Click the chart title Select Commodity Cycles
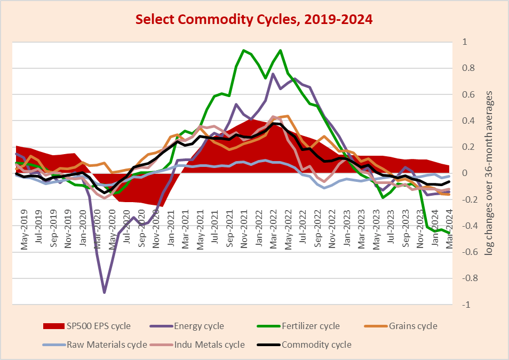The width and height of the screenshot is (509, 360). pos(254,20)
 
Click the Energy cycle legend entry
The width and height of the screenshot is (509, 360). pos(199,326)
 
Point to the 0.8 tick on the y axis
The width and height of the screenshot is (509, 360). pos(468,68)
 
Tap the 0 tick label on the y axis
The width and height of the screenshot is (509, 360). pos(465,173)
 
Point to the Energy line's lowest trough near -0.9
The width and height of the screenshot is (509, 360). pos(104,292)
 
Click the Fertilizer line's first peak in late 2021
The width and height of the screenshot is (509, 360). pos(244,51)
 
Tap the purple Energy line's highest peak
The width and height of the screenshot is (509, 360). pos(273,74)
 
